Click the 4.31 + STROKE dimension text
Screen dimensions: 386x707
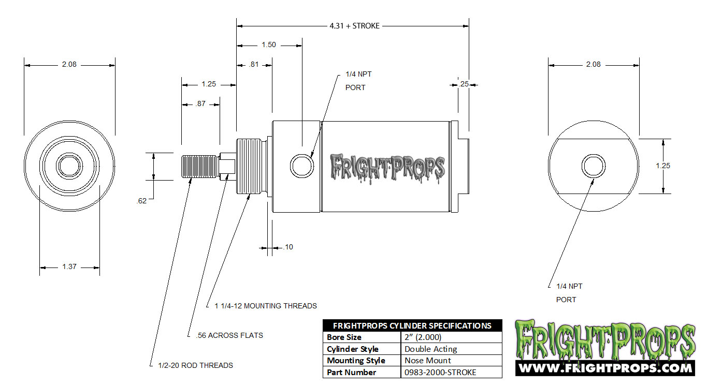pos(354,25)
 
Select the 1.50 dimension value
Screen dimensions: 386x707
pos(268,45)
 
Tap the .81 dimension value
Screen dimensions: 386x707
pos(254,65)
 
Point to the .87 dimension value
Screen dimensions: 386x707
pos(200,103)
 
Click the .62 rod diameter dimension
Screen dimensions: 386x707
pos(141,201)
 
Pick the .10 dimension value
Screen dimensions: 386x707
pos(288,247)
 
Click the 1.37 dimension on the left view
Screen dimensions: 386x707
pos(69,267)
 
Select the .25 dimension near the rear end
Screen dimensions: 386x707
pos(464,84)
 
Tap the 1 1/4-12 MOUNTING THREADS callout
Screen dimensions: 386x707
pos(266,306)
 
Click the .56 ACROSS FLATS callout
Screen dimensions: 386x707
pos(229,335)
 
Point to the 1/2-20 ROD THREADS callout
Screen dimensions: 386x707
pos(195,365)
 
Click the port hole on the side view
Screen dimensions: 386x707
pos(301,166)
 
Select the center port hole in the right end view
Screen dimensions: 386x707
pos(593,166)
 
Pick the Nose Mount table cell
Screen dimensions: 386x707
pos(428,361)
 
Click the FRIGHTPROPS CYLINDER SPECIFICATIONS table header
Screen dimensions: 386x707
pos(412,326)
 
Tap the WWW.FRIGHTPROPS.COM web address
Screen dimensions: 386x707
pos(605,368)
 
